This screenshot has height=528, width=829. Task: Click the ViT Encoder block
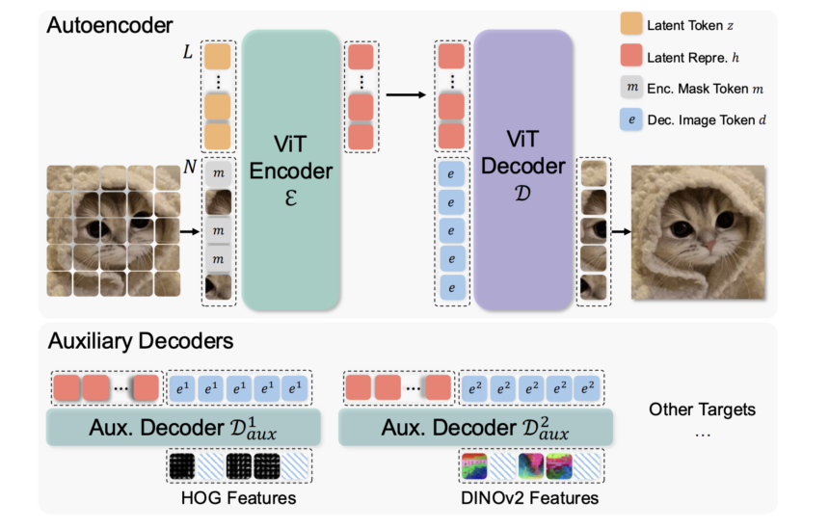tap(290, 170)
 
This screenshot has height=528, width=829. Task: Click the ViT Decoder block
tap(523, 170)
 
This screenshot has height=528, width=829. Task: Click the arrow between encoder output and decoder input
tap(405, 94)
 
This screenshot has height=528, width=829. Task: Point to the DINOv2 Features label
tap(527, 497)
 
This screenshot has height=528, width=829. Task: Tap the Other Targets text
tap(702, 409)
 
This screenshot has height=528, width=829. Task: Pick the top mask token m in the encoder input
tap(217, 173)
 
